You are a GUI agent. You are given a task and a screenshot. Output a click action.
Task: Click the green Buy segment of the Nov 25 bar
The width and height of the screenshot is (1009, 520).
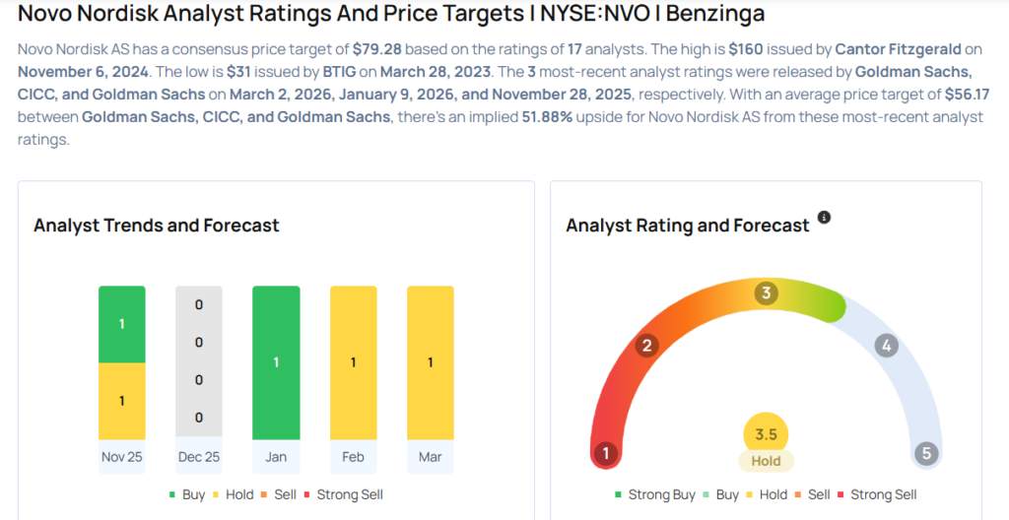(122, 324)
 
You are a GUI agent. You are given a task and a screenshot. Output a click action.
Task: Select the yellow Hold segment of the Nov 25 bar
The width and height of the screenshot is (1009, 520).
(122, 401)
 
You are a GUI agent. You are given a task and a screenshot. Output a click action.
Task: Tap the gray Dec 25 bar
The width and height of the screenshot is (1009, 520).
(199, 361)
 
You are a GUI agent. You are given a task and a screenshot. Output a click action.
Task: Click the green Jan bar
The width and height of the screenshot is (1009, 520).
(276, 361)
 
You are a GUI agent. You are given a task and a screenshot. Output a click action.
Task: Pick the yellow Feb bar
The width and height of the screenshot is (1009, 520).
(353, 361)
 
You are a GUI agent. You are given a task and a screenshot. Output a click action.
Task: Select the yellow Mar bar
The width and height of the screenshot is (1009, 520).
(430, 361)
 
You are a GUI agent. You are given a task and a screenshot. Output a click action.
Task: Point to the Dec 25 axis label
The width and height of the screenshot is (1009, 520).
(199, 457)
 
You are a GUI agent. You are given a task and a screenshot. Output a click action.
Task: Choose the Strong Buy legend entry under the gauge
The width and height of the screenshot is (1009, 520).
(655, 494)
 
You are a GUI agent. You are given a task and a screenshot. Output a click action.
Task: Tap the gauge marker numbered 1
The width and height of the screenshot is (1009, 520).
(605, 454)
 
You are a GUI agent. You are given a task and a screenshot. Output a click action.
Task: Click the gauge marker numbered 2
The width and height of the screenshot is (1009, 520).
(647, 346)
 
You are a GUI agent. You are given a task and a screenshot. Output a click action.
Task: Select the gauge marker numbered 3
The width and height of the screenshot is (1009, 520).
(766, 293)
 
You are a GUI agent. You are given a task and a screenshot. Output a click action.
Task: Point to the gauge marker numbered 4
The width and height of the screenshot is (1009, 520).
(886, 346)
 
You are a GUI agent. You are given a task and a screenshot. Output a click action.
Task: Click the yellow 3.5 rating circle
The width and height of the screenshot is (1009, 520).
(766, 434)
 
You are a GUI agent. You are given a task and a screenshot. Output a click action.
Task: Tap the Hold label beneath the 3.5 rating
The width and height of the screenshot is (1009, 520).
(766, 461)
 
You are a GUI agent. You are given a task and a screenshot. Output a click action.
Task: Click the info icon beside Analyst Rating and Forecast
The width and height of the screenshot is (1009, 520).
(824, 217)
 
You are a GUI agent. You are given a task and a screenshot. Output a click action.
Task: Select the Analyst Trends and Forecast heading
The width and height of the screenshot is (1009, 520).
(157, 226)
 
